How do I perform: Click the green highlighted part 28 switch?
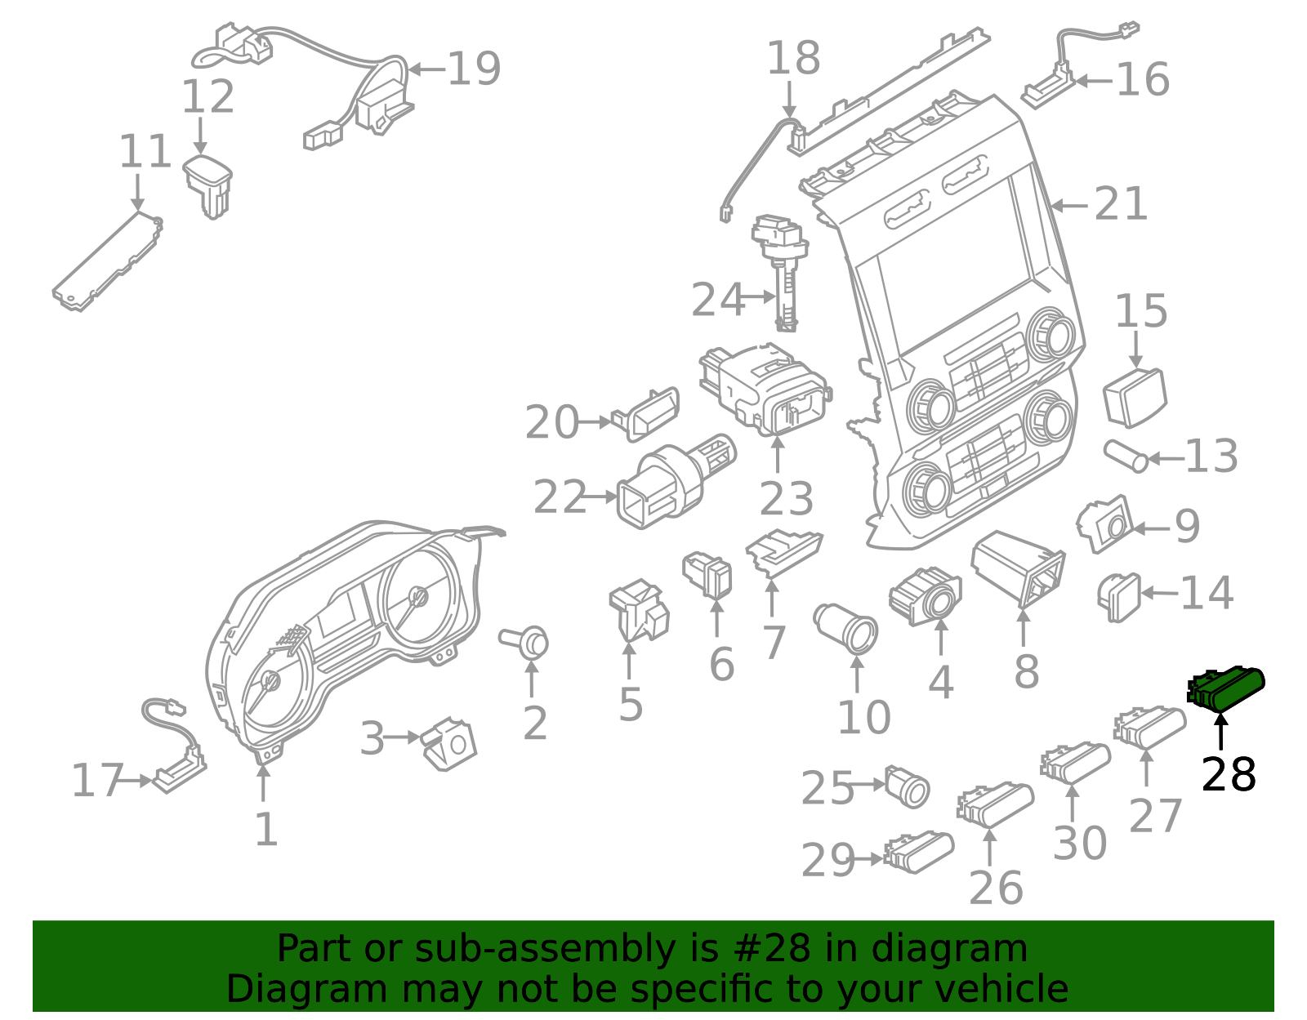coord(1227,688)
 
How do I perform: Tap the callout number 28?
coord(1228,774)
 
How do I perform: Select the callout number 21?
coord(1121,204)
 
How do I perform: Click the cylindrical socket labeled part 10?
coord(848,628)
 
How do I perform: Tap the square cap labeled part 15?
coord(1135,397)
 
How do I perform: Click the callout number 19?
coord(474,69)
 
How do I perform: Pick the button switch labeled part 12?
coord(208,185)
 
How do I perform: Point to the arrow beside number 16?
coord(1093,81)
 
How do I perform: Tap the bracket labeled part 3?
coord(448,743)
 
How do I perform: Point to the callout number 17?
coord(96,781)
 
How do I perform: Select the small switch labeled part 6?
coord(708,573)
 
